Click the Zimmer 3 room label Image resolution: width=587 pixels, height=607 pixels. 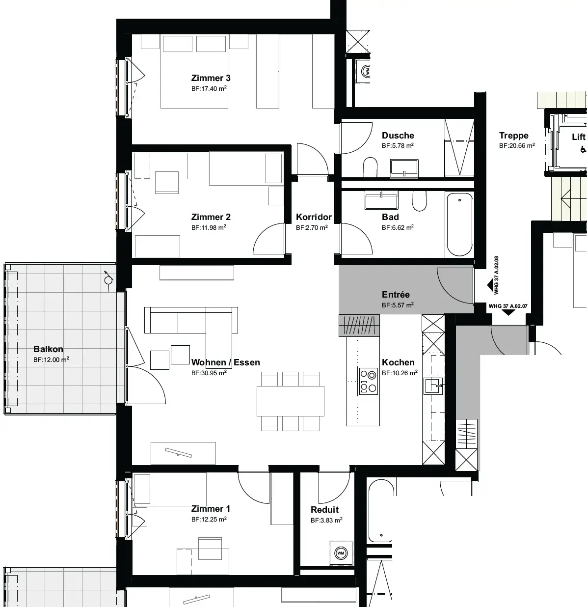[211, 78]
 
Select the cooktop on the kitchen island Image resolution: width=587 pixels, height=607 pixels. [368, 381]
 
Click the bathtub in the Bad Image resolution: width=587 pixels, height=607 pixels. [459, 224]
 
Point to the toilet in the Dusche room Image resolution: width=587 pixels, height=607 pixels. [370, 167]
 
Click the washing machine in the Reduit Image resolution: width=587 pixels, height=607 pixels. [341, 553]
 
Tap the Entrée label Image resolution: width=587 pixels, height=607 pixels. [396, 295]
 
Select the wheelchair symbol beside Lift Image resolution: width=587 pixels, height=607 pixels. [583, 150]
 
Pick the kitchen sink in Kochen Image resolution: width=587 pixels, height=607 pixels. [433, 386]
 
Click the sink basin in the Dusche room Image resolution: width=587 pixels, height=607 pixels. [404, 169]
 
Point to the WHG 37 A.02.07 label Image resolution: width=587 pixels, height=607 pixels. [508, 306]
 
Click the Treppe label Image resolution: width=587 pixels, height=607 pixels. [514, 136]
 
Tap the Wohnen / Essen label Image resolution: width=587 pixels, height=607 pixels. [225, 362]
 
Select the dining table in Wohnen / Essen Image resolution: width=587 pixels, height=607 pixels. [290, 401]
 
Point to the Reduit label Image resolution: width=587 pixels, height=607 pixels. [324, 510]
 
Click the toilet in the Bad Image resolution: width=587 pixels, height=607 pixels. [419, 201]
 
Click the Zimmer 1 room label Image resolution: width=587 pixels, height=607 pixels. [211, 509]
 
